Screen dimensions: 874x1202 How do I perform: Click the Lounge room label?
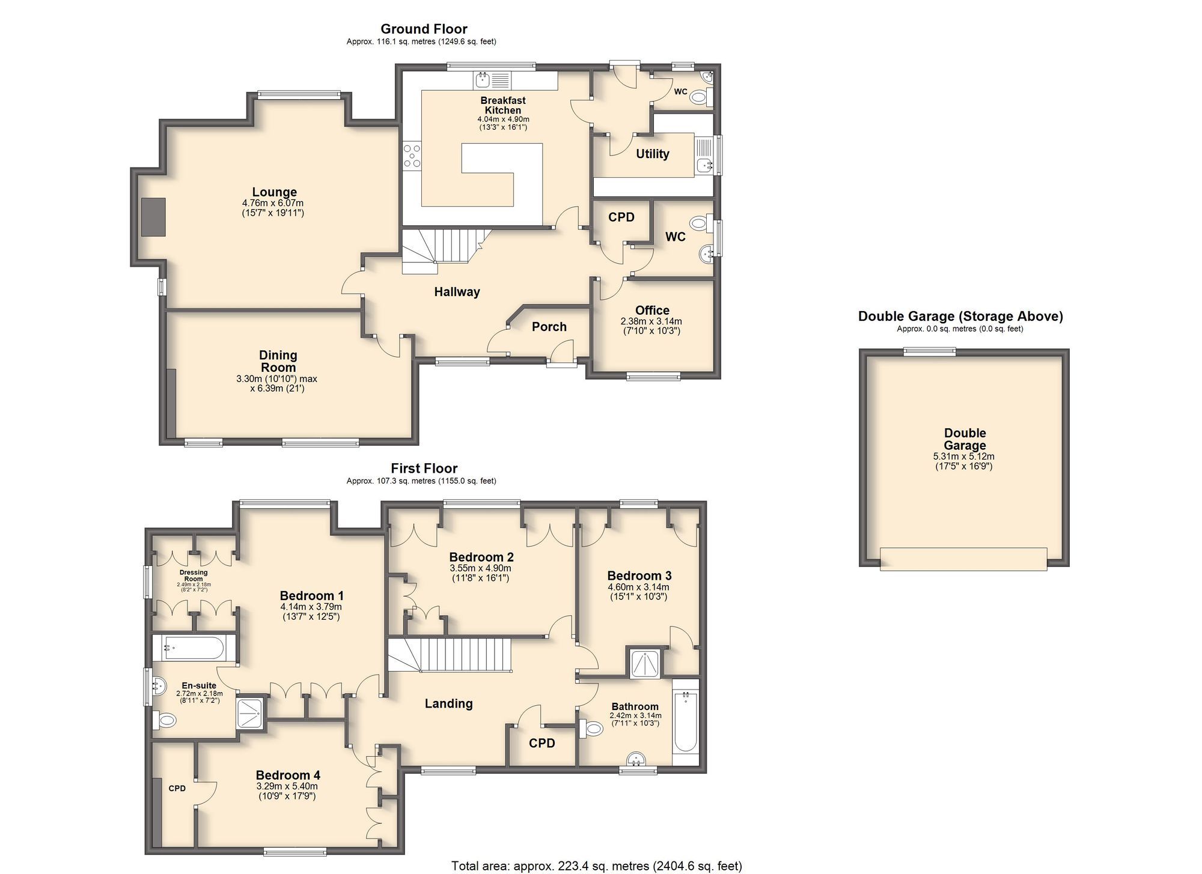(x=274, y=192)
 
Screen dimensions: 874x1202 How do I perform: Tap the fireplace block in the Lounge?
(x=153, y=217)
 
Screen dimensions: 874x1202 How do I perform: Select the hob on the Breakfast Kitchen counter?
(x=412, y=155)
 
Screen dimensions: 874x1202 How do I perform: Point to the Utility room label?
(x=652, y=154)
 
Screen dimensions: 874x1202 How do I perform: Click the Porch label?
(x=549, y=327)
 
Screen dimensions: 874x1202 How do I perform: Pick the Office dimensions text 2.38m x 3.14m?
(x=651, y=321)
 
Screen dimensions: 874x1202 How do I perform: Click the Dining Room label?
(x=278, y=361)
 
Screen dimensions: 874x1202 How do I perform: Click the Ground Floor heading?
(x=424, y=29)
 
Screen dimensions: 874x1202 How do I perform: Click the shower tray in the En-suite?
(x=251, y=712)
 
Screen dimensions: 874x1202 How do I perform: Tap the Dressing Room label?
(x=194, y=575)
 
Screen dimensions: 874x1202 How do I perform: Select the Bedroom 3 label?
(x=639, y=575)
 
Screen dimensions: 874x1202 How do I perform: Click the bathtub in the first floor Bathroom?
(x=685, y=722)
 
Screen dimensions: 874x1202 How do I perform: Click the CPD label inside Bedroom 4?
(x=177, y=788)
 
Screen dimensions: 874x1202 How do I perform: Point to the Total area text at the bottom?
(x=596, y=866)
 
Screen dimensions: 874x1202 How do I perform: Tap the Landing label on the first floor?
(x=448, y=703)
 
